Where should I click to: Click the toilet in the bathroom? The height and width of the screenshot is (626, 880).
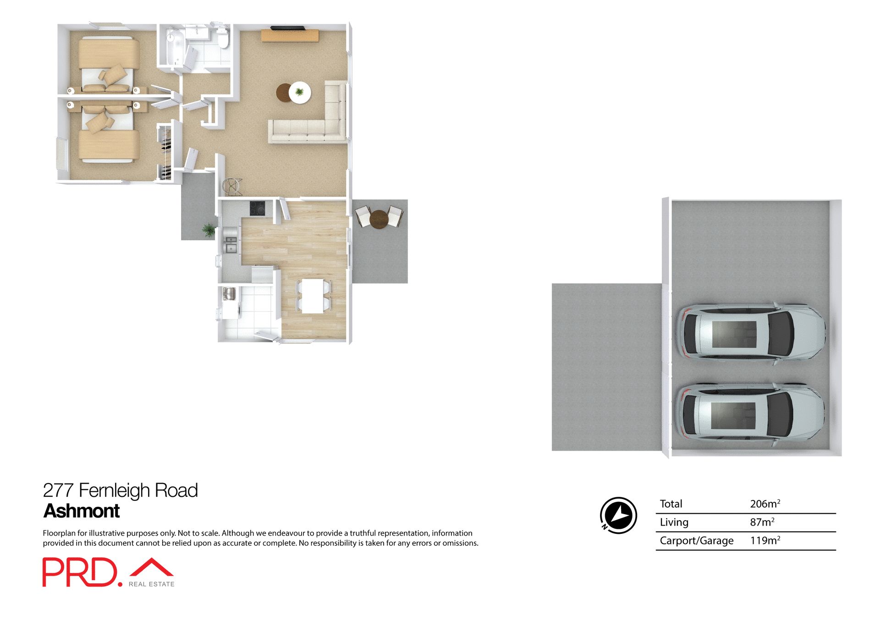pyautogui.click(x=223, y=38)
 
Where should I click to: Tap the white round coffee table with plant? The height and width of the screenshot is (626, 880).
pyautogui.click(x=300, y=93)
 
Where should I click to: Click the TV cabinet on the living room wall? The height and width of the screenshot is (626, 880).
pyautogui.click(x=290, y=35)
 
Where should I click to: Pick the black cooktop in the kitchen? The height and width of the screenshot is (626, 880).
pyautogui.click(x=257, y=208)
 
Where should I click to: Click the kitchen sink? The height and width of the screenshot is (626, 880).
pyautogui.click(x=231, y=244)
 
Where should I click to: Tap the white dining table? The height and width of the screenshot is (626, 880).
pyautogui.click(x=313, y=296)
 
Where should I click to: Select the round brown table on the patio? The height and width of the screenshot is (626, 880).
pyautogui.click(x=379, y=219)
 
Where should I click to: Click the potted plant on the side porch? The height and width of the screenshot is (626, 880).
pyautogui.click(x=209, y=230)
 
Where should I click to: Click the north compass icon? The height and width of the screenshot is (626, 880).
pyautogui.click(x=618, y=515)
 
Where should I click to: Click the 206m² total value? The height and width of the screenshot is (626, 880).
pyautogui.click(x=764, y=504)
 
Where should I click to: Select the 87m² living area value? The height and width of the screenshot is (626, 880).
pyautogui.click(x=762, y=522)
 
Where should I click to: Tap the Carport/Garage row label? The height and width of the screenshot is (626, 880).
pyautogui.click(x=696, y=541)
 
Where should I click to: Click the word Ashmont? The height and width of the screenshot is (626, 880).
pyautogui.click(x=82, y=511)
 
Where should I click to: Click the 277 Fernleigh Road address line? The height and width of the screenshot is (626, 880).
pyautogui.click(x=120, y=490)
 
